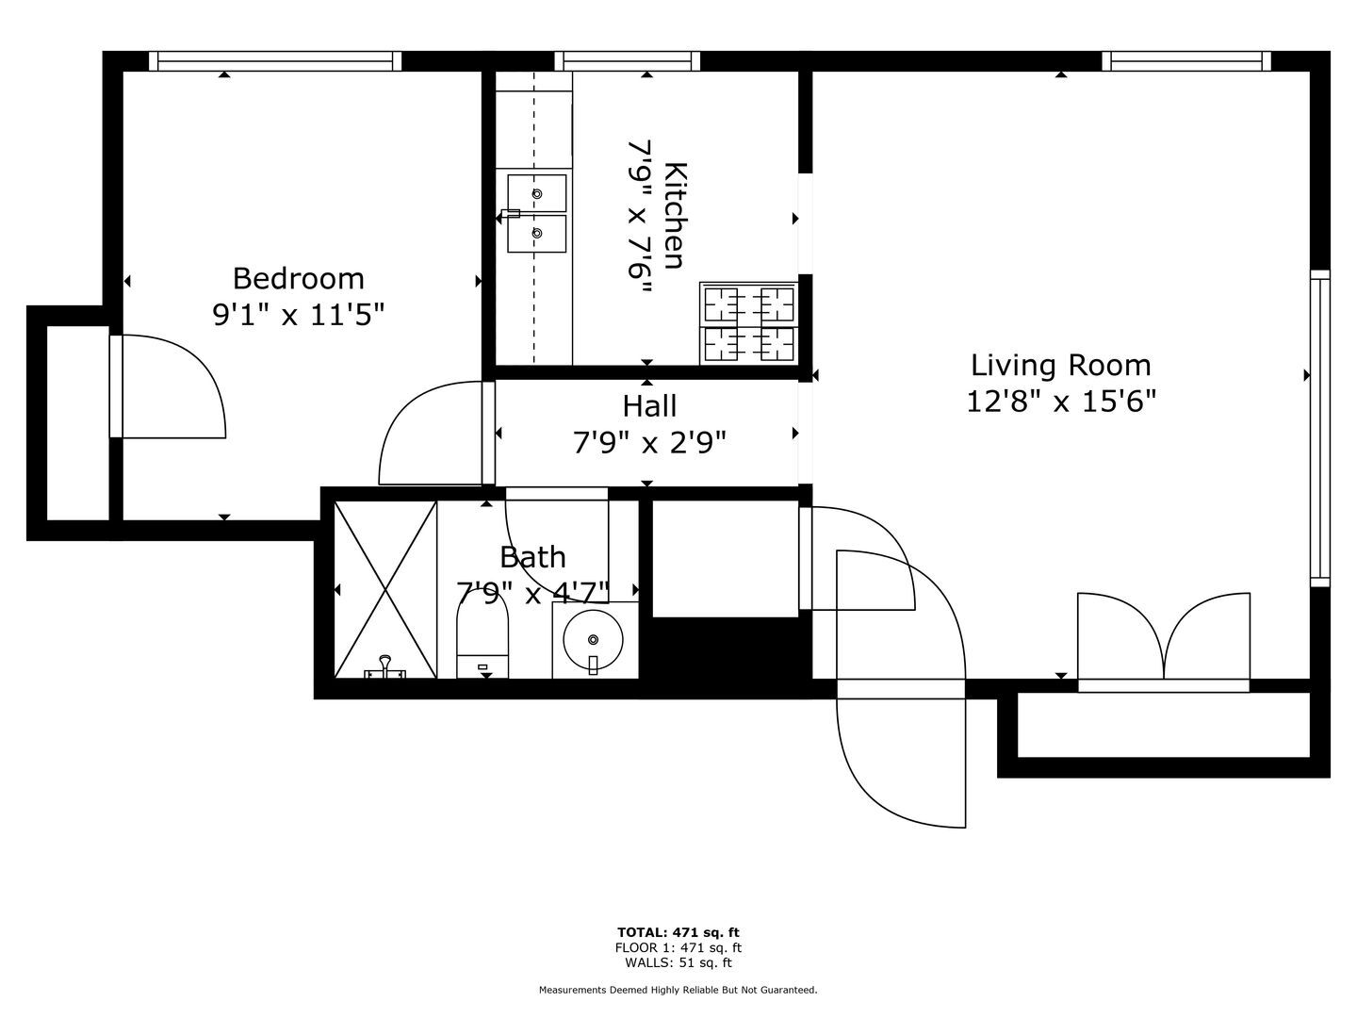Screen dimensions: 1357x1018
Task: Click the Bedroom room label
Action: coord(298,279)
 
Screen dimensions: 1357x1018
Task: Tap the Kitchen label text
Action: coord(675,216)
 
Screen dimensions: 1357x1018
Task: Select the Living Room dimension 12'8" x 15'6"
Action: coord(1061,402)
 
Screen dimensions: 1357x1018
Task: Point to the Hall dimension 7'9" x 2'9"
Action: coord(649,443)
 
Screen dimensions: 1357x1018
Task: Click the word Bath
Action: coord(532,557)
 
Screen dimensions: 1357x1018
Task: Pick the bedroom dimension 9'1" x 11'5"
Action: coord(298,315)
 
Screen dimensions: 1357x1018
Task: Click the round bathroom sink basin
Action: coord(593,640)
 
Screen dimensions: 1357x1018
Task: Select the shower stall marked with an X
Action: coord(385,590)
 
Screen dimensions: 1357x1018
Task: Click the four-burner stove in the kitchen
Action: coord(748,322)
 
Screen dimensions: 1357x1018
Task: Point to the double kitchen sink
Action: coord(536,213)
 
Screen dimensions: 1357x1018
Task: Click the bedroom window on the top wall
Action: coord(275,61)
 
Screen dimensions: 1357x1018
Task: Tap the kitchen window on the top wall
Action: coord(628,61)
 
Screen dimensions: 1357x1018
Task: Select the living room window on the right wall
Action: coord(1320,428)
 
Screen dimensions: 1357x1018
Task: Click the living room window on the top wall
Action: coord(1186,61)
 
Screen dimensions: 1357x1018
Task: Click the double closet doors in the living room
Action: coord(1164,641)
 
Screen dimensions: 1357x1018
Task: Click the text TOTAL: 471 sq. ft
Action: coord(678,932)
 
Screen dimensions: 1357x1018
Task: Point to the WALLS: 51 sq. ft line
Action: coord(678,962)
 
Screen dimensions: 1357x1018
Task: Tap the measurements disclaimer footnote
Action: coord(678,990)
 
